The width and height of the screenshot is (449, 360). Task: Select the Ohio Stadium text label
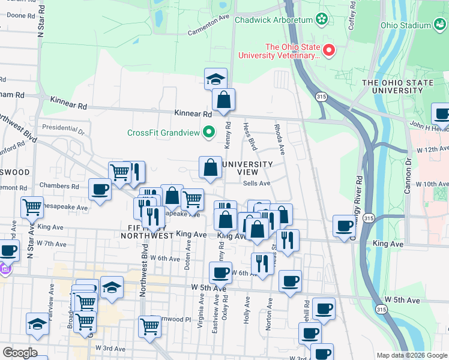(406, 25)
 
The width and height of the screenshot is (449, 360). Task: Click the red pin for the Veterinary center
(329, 50)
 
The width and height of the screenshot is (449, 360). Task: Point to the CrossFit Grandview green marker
(209, 131)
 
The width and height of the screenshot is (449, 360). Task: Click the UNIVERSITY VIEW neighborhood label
(248, 168)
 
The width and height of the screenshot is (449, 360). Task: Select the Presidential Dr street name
(64, 128)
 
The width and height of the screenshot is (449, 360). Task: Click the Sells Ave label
(256, 184)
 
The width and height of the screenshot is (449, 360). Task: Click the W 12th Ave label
(432, 149)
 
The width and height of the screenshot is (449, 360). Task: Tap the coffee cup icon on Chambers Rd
(100, 190)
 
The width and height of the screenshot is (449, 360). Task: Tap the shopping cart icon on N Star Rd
(32, 208)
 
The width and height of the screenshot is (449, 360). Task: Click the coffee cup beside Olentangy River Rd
(345, 226)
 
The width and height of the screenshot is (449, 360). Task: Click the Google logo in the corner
(20, 353)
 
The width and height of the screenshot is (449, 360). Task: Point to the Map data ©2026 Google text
(411, 355)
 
